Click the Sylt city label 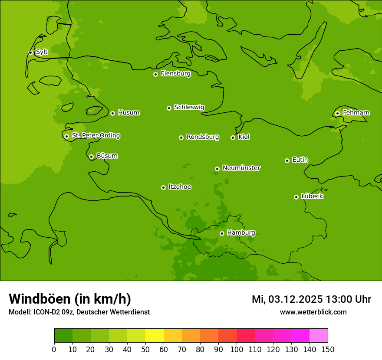[42, 52]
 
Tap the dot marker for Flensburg [155, 74]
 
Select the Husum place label [128, 113]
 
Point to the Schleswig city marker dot [169, 108]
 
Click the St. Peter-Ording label [95, 136]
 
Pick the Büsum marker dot [91, 157]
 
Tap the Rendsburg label [203, 137]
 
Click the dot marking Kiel [233, 137]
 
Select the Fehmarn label [356, 113]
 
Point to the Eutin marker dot [287, 160]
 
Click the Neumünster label [241, 168]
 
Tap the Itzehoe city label [180, 187]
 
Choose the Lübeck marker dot [296, 197]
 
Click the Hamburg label [241, 233]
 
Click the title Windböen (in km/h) [70, 299]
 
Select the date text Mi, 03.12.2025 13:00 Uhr [311, 299]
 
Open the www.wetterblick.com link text [313, 312]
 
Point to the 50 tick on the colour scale [145, 349]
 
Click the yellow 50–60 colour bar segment [155, 336]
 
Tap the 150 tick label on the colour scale [328, 349]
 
